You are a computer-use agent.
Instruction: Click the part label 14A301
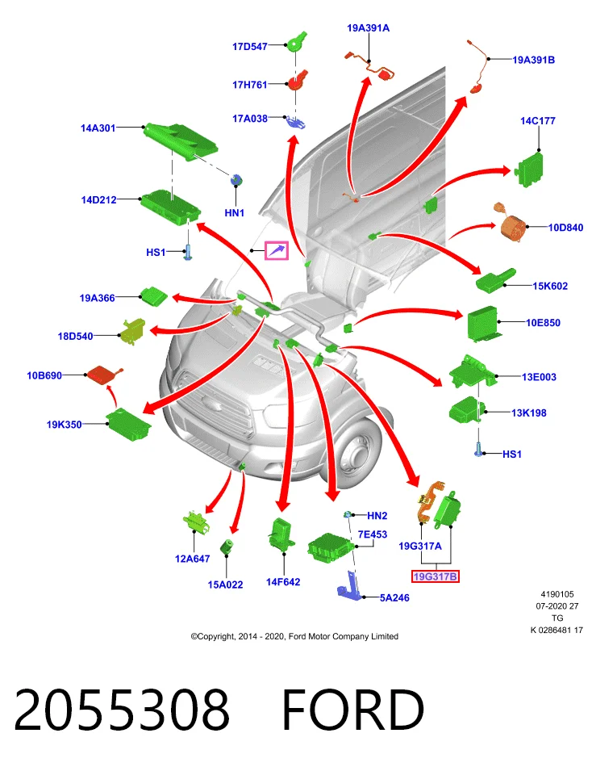98,128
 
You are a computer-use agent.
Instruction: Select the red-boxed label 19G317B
435,576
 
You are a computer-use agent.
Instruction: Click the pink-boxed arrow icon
277,250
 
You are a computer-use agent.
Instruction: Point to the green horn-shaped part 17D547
297,42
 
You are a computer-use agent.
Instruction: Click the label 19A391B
533,60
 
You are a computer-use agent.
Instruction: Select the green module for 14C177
530,169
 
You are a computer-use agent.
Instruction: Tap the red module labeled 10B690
103,375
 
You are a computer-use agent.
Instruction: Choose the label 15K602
550,286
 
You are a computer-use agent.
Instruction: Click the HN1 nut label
235,213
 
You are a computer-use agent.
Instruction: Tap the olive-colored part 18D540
133,331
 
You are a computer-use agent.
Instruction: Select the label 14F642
283,582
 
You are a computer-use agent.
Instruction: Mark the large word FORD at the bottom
353,710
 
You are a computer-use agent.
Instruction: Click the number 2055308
122,710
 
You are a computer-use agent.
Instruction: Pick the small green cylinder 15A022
227,547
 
